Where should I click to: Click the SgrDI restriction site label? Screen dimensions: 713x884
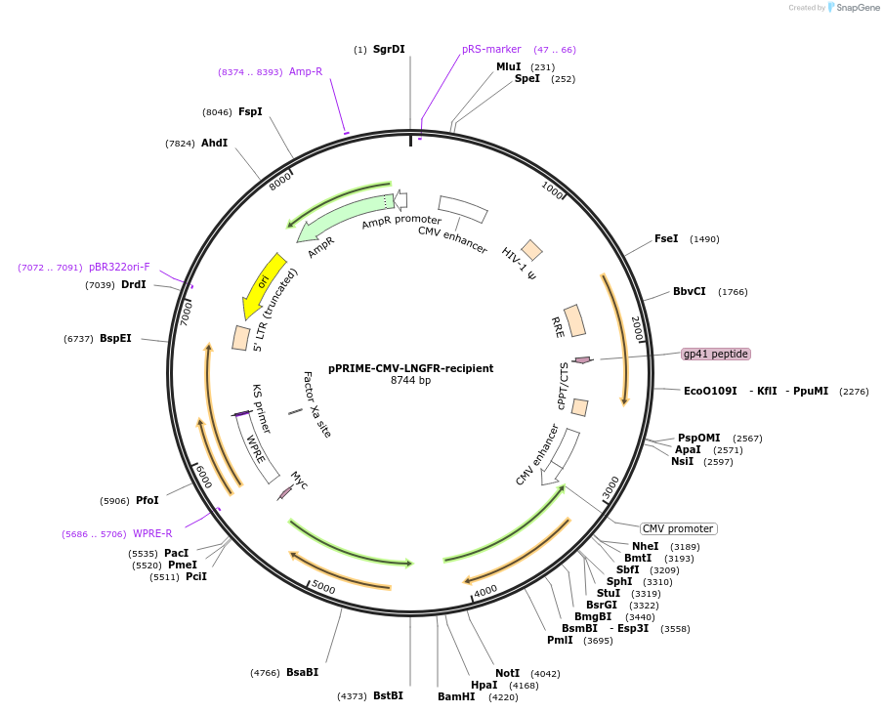click(x=388, y=49)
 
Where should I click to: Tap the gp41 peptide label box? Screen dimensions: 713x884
click(x=716, y=354)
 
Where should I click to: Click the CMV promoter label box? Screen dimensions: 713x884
click(x=679, y=528)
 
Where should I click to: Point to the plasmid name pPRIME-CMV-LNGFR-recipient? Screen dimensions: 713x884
click(x=410, y=368)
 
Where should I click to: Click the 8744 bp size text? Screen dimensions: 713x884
click(x=410, y=380)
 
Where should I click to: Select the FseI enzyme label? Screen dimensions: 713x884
click(x=666, y=238)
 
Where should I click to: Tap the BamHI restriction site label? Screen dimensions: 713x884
click(x=456, y=696)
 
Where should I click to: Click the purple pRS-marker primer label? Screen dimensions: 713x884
click(x=491, y=49)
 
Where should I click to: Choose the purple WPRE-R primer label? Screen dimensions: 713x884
click(x=152, y=533)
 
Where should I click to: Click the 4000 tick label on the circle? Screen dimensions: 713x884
click(x=485, y=590)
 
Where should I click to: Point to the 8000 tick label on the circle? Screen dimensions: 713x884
click(x=280, y=182)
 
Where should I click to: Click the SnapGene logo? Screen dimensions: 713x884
click(x=853, y=8)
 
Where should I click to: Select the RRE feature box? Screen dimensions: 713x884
click(x=575, y=321)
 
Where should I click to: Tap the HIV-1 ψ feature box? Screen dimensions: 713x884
click(x=531, y=249)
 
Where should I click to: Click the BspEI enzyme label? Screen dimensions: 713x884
click(x=115, y=338)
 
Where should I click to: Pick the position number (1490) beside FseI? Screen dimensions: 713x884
click(x=704, y=239)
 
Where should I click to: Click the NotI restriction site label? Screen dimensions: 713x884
click(x=507, y=673)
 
